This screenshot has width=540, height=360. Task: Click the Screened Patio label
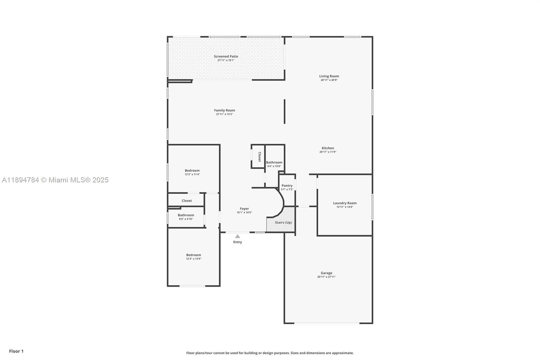pos(226,56)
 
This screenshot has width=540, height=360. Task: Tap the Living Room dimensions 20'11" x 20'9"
pos(329,80)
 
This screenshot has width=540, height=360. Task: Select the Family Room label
pos(224,110)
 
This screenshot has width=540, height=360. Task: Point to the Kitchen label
pos(328,148)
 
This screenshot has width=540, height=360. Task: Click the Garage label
pos(326,273)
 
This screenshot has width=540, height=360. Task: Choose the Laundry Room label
pos(345,203)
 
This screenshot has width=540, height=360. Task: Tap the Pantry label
pos(287,185)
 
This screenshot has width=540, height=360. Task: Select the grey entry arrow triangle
pos(238,236)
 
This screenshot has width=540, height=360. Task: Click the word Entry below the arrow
pos(238,242)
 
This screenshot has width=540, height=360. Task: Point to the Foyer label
pos(244,209)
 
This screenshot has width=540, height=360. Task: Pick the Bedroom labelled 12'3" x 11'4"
pos(192,171)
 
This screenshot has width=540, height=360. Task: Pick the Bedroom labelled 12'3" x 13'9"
pos(193,255)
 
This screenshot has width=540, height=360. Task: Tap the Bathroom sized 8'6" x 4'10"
pos(186,215)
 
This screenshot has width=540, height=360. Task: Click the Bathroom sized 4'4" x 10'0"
pos(274,162)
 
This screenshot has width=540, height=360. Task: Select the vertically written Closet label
pos(260,157)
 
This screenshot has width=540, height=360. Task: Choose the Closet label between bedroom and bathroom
pos(187,201)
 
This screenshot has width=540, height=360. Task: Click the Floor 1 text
pos(16,351)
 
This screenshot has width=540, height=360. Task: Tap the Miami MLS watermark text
pos(55,180)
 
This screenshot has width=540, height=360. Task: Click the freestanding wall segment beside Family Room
pos(285,111)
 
